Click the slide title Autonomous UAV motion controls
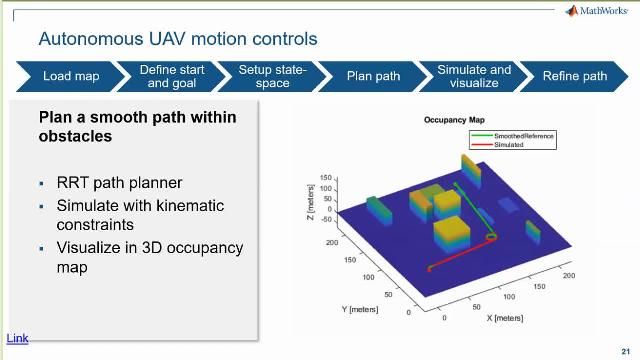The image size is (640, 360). (177, 39)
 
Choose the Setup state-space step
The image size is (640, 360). (272, 76)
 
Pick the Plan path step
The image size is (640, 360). (373, 76)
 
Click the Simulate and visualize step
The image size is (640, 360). (474, 76)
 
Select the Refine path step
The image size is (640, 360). (574, 76)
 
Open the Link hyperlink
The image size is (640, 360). (18, 338)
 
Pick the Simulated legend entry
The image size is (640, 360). (508, 145)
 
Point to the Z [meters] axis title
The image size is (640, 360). (311, 199)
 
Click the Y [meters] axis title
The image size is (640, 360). (360, 309)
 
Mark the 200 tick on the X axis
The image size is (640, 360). (569, 275)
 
